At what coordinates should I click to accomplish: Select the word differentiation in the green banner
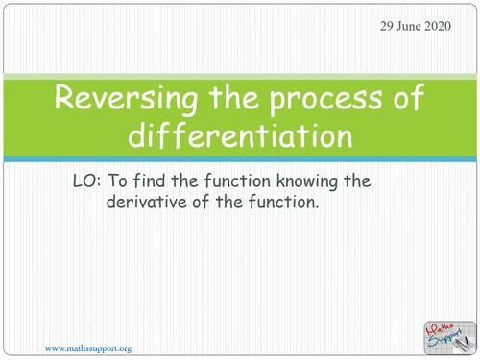pos(239,135)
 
